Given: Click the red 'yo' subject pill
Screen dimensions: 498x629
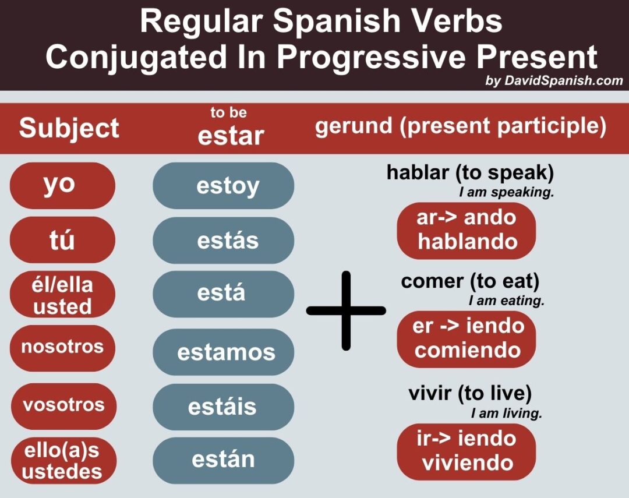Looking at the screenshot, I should tap(62, 185).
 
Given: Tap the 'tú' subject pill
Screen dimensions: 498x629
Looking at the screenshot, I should tap(62, 239).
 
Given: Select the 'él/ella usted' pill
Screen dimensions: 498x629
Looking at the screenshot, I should tap(62, 295).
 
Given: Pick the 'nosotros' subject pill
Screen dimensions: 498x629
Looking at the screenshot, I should tap(62, 348).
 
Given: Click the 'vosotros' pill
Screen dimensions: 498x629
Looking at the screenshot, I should tap(63, 405).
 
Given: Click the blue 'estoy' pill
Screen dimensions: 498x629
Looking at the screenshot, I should tap(224, 186).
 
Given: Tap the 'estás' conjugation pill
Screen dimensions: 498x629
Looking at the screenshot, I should tap(224, 241).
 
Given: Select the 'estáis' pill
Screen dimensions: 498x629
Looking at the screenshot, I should tap(224, 406).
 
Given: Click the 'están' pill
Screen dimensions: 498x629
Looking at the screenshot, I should tap(224, 460).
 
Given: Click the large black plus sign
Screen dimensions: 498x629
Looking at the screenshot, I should tap(346, 310).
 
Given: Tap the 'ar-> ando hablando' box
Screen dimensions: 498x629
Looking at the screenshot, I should tap(466, 230).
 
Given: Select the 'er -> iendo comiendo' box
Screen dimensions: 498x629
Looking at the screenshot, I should tap(466, 338).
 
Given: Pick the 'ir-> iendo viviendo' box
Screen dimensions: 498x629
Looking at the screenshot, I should tap(466, 451).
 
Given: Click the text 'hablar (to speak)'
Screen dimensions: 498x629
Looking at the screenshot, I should tap(469, 173).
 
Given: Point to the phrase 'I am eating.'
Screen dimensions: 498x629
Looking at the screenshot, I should tap(506, 301).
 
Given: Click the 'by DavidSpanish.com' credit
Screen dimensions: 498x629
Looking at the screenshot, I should tap(554, 81).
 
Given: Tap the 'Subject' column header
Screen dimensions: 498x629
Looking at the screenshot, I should tap(69, 128).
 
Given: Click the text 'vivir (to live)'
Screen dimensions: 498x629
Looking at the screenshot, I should tap(469, 394).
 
